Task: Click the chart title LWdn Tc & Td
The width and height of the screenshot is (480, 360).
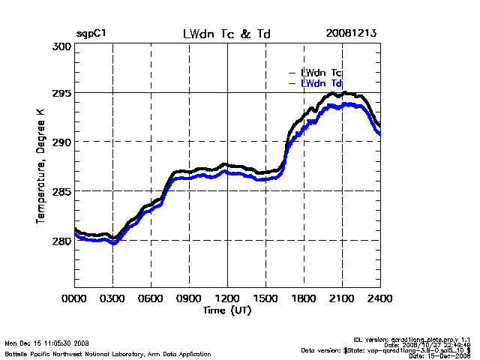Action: point(226,34)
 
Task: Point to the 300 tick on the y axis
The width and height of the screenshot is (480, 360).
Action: point(62,46)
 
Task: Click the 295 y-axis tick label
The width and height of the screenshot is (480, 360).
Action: point(62,94)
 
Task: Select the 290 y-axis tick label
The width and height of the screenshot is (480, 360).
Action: point(62,142)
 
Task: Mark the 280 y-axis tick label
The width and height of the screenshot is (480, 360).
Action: point(62,241)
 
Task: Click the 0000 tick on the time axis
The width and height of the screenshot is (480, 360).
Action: point(75,298)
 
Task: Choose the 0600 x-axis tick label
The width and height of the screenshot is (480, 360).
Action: point(151,298)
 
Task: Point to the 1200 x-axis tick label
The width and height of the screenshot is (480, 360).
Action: point(227,298)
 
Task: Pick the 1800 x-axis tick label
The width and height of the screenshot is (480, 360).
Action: point(304,298)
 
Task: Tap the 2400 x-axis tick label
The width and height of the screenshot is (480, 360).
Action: point(379,298)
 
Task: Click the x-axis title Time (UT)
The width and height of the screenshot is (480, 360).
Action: point(227,310)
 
